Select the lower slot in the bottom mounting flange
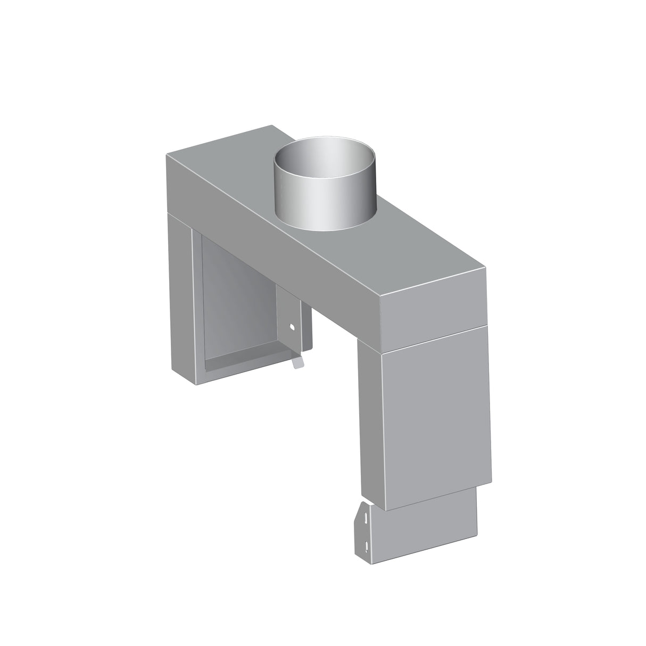367,543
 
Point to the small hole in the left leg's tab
291,326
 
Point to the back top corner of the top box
272,126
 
